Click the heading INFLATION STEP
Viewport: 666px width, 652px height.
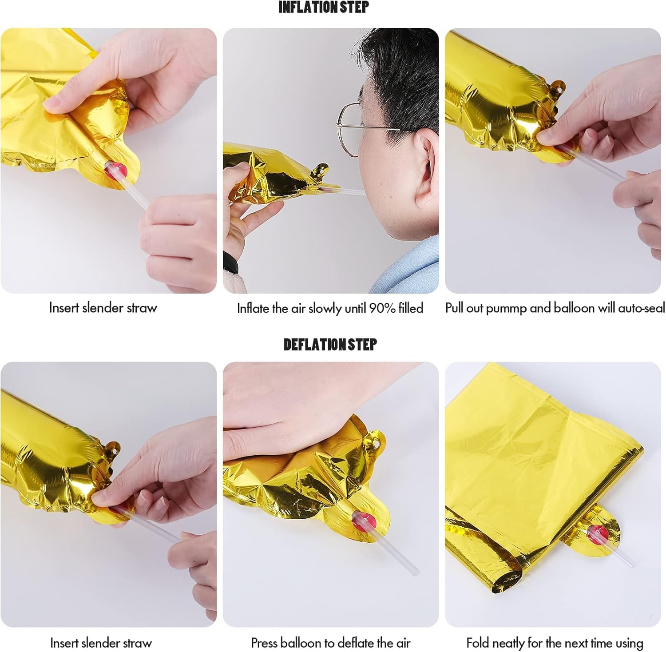click(x=324, y=7)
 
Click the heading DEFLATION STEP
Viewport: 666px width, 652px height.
click(x=330, y=344)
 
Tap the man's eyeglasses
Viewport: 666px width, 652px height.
click(x=355, y=129)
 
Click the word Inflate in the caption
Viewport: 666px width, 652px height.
click(x=253, y=308)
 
